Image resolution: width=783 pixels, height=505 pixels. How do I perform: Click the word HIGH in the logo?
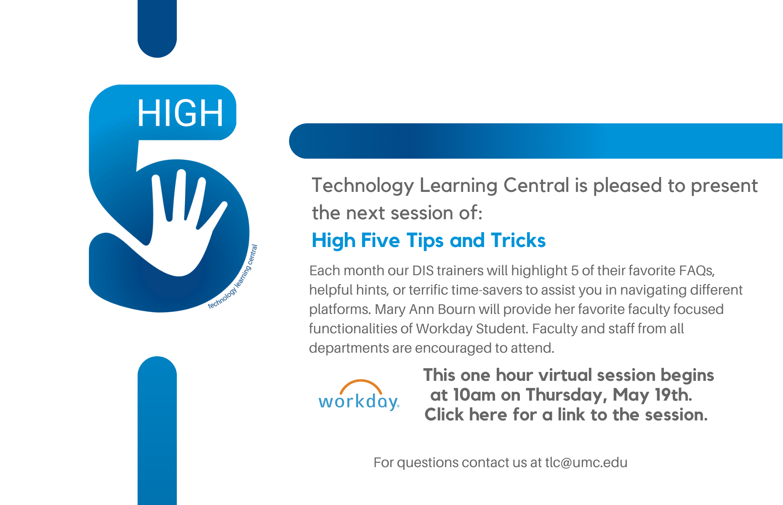pos(180,113)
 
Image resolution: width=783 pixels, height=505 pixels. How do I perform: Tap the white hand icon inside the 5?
pos(181,236)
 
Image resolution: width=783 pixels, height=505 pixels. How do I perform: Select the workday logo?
pos(359,395)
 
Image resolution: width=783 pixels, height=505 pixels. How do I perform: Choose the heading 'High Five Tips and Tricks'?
pos(429,241)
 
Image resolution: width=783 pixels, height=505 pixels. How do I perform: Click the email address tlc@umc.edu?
pos(586,462)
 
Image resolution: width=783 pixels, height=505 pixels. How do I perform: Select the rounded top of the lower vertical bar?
pos(157,364)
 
